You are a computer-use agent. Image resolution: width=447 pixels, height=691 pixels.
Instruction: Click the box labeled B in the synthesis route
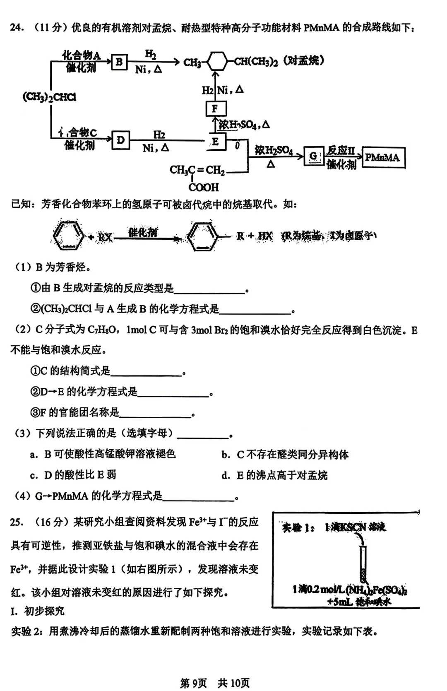119,62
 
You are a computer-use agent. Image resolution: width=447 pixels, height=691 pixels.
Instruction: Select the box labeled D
120,140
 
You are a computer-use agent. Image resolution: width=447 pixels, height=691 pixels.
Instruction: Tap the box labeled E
216,142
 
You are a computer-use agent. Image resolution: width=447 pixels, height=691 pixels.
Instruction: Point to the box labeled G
313,156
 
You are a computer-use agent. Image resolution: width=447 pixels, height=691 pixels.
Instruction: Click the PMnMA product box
383,157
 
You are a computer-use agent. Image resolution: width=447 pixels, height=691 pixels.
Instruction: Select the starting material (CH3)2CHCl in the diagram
49,97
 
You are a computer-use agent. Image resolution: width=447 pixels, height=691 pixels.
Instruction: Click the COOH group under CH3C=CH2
203,188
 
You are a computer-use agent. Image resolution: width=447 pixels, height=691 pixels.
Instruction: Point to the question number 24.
17,28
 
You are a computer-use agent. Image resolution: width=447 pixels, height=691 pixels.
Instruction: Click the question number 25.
17,522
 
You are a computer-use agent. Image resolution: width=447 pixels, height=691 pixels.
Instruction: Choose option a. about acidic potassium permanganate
103,454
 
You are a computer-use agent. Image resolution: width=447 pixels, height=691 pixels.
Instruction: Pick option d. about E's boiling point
275,475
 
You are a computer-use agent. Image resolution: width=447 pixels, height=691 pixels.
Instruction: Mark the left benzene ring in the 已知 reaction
68,236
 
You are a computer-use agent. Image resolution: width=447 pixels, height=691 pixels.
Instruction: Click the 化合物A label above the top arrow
81,55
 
